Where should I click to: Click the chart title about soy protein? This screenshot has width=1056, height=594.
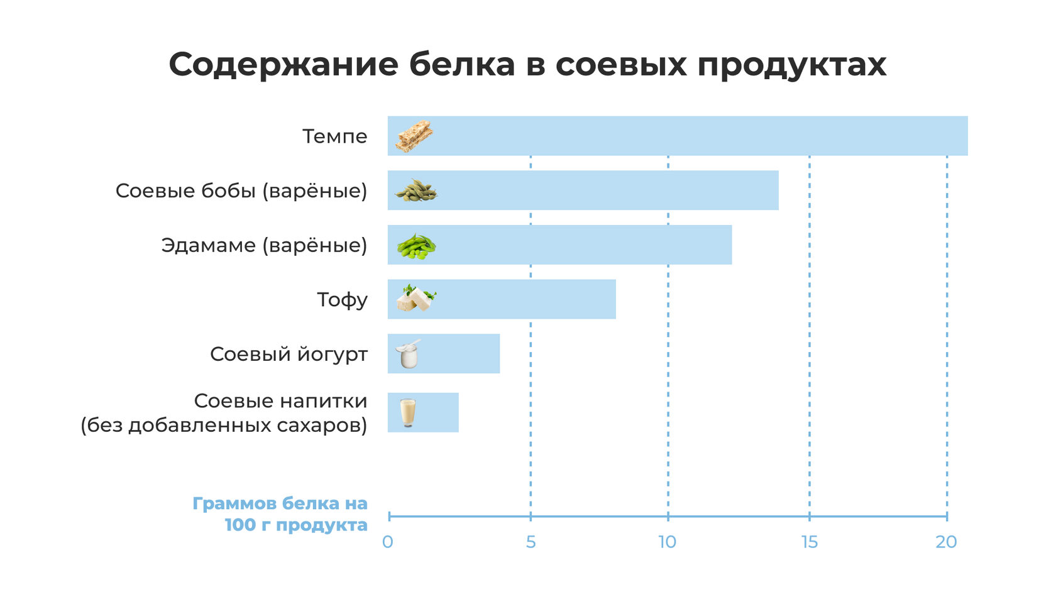527,64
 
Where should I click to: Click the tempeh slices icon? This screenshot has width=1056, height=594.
414,136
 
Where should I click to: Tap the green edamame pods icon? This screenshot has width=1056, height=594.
416,246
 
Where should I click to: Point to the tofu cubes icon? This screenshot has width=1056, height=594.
415,298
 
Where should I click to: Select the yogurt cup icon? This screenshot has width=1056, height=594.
408,354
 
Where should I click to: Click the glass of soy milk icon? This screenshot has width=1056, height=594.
408,412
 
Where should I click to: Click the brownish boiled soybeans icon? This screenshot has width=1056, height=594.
415,190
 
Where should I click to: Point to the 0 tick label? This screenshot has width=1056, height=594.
388,542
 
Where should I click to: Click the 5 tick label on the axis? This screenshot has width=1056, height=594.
531,542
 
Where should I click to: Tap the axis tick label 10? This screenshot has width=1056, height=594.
667,542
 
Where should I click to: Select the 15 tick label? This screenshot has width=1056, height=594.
810,542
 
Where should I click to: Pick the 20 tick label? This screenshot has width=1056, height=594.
946,542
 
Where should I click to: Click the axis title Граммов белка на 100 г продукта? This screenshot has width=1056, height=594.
280,514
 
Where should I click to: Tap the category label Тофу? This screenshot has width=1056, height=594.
342,300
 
